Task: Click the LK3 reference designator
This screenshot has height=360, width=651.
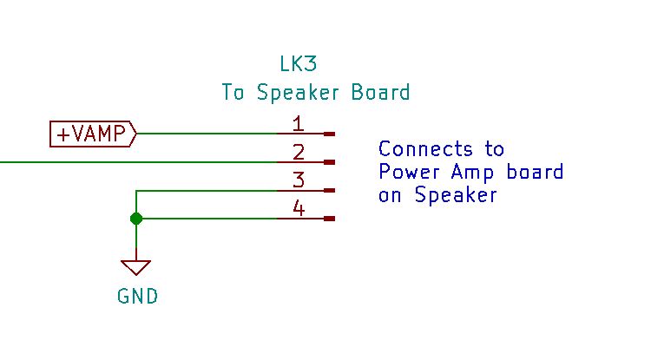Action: point(298,64)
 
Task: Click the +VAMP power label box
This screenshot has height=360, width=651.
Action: point(93,134)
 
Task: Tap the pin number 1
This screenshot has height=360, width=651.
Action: point(298,124)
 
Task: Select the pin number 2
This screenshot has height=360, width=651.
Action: point(299,152)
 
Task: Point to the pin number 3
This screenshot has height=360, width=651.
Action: point(299,180)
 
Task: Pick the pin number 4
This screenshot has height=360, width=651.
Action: point(299,208)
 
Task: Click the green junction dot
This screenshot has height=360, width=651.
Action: point(136,219)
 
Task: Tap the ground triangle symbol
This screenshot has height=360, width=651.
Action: point(136,267)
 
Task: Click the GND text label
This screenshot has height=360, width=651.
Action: point(137,297)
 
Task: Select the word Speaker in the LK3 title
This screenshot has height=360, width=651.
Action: point(298,93)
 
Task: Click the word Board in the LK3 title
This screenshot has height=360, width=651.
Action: point(381,92)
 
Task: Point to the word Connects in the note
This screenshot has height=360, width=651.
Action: point(425,148)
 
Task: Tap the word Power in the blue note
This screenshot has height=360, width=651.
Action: point(410,172)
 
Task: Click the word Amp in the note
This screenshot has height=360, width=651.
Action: point(472,173)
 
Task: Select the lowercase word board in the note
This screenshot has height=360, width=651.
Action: point(536,171)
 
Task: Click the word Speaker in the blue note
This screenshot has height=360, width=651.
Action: point(456,195)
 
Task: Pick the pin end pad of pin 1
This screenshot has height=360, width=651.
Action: point(329,134)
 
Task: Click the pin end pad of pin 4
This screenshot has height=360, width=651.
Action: point(329,219)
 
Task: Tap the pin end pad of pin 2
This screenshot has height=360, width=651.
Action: point(329,162)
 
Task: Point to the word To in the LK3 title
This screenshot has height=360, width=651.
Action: point(233,92)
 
